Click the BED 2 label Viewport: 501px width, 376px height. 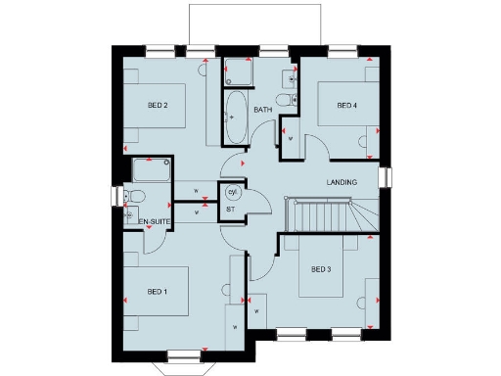[159, 106]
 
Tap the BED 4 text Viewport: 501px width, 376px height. [347, 106]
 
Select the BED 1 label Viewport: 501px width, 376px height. [158, 292]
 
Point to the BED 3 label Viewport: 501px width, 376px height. [323, 268]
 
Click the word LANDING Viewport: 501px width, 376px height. [342, 183]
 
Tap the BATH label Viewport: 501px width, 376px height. [263, 110]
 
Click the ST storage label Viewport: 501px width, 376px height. [231, 209]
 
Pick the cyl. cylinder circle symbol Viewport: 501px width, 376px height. [231, 192]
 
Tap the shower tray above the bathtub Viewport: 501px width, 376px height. [238, 72]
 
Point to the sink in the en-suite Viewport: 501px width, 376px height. [130, 212]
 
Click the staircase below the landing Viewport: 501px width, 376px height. [323, 212]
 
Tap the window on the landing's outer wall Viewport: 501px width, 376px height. [387, 177]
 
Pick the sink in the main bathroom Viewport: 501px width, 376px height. [291, 75]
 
